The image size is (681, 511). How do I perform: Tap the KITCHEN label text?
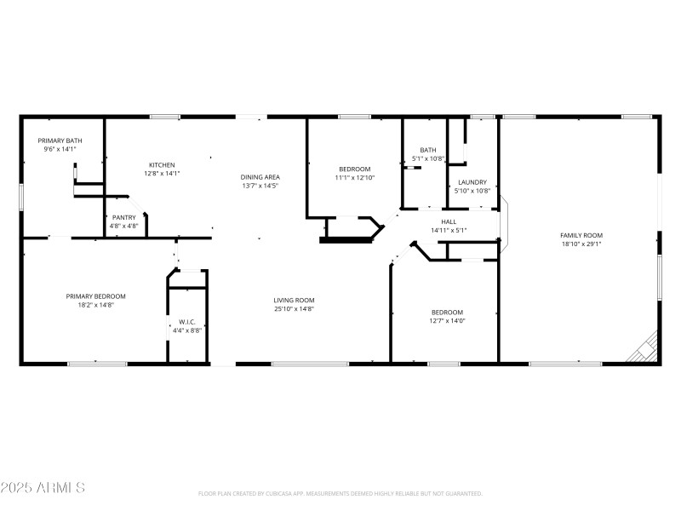tap(162, 164)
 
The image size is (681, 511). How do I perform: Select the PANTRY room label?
tap(124, 218)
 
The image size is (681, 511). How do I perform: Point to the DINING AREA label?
tap(260, 177)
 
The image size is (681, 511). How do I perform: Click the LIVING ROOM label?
tap(294, 300)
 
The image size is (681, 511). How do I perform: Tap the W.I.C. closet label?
tap(187, 322)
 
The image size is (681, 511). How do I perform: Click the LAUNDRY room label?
tap(472, 182)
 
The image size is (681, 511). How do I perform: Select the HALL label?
tap(449, 221)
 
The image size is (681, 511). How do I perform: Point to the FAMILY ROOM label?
tap(581, 235)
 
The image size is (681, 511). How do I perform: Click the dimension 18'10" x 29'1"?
tap(581, 244)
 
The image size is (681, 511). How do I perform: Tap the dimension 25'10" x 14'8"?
tap(294, 308)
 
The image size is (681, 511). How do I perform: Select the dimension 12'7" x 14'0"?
tap(447, 320)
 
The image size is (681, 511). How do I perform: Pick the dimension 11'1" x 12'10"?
tap(355, 178)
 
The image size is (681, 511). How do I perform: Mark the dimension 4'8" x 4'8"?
tap(124, 227)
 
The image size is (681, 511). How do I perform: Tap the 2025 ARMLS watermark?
tap(43, 488)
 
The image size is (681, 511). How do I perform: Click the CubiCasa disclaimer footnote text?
tap(340, 493)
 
